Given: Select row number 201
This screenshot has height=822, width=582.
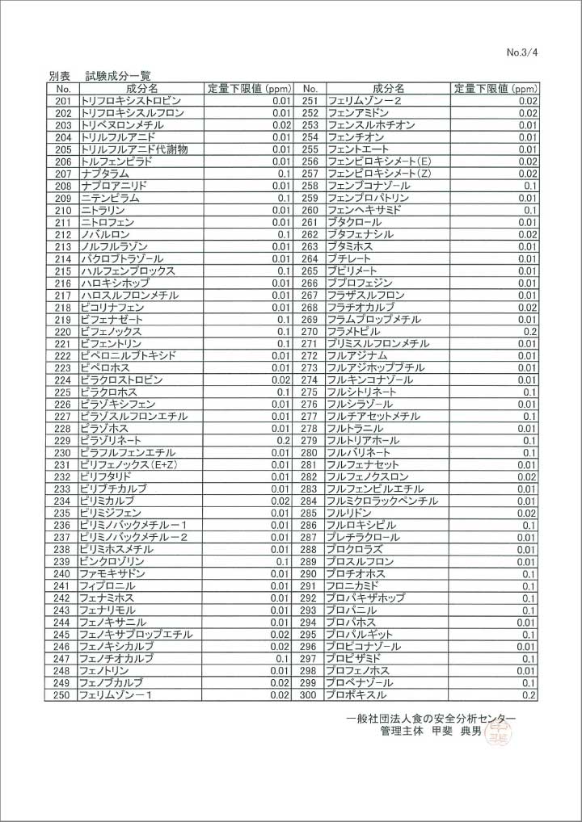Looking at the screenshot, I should click(x=63, y=101).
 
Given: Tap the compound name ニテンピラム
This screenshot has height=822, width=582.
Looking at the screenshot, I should click(x=110, y=198).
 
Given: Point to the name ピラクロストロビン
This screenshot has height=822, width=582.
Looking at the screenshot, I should click(x=121, y=380).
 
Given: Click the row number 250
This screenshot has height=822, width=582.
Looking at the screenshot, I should click(x=63, y=694).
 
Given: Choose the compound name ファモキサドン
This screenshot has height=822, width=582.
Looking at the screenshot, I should click(x=112, y=573).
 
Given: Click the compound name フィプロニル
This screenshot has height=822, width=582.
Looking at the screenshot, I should click(x=107, y=585).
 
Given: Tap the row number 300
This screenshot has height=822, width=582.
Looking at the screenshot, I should click(x=309, y=694).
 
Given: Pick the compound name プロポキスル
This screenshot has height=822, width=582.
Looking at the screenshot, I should click(x=356, y=694).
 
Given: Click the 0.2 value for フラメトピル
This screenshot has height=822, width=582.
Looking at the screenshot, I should click(x=530, y=331).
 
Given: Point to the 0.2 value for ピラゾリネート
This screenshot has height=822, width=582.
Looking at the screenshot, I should click(x=283, y=440).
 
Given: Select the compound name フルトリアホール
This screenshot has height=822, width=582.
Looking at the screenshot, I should click(x=363, y=440).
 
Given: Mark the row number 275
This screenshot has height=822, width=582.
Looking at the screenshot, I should click(x=309, y=392).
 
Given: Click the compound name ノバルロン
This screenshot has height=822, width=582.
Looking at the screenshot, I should click(x=104, y=234).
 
